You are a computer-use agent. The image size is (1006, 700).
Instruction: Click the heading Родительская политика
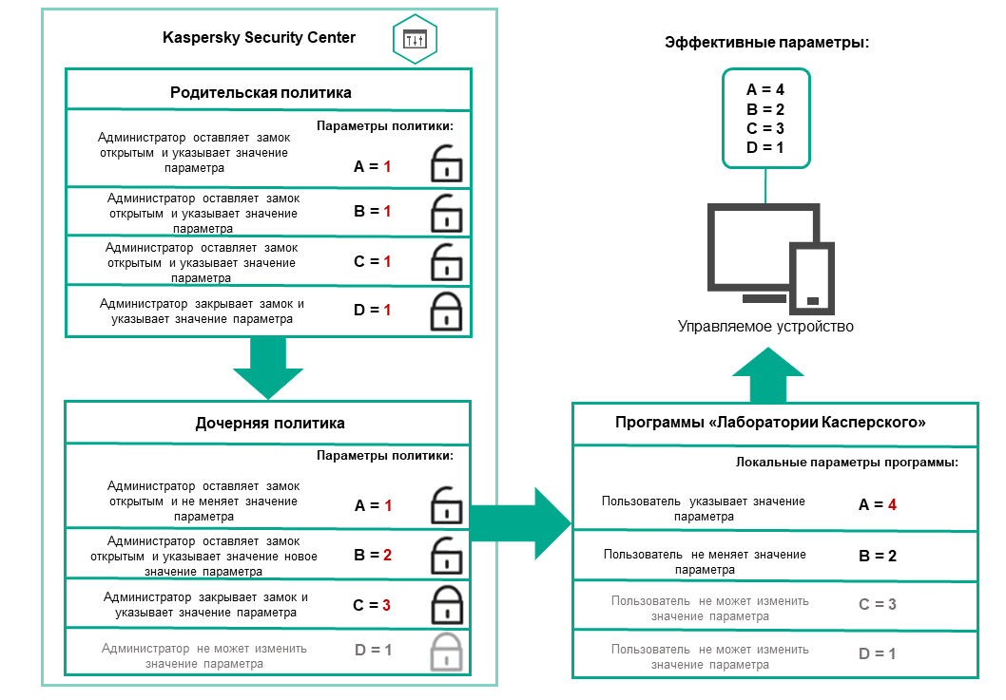click(x=261, y=92)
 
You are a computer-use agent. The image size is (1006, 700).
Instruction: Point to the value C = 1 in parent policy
click(x=372, y=261)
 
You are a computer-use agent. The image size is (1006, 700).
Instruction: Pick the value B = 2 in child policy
click(x=372, y=555)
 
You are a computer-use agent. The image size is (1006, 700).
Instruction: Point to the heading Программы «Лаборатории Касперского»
click(x=776, y=423)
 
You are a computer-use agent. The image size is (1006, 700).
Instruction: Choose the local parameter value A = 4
click(x=878, y=505)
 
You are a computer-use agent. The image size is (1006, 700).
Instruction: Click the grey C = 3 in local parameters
click(x=878, y=604)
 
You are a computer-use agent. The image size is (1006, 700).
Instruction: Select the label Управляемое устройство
click(x=765, y=326)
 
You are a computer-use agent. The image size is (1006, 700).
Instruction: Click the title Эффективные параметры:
click(x=766, y=44)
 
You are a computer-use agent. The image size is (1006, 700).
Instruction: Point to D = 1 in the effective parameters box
click(x=765, y=148)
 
